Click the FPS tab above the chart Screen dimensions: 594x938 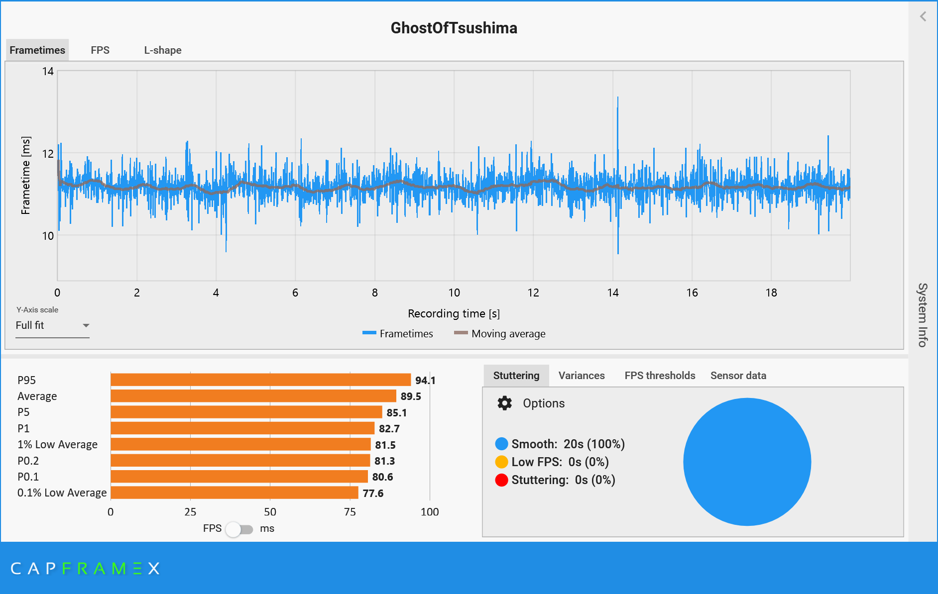(100, 50)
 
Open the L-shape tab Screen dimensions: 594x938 (163, 50)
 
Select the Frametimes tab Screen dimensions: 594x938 (37, 50)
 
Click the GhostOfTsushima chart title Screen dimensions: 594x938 (454, 28)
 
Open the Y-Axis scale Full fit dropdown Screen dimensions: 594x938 (52, 325)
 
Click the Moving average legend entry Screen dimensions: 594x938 (500, 333)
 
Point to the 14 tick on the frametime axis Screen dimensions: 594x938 (48, 71)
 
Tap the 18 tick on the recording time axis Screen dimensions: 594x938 (771, 293)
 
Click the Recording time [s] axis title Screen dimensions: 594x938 (454, 313)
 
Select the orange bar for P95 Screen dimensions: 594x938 (260, 380)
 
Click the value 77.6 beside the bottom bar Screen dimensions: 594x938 (373, 493)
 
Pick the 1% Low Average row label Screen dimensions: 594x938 (57, 444)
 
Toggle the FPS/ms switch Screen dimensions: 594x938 (239, 529)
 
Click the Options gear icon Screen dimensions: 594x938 (504, 403)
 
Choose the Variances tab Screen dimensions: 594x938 (582, 376)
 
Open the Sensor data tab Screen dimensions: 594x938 (738, 376)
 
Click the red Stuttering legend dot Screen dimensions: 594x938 (501, 480)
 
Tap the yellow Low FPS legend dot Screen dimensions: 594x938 (501, 462)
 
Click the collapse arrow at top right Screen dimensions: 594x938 (923, 16)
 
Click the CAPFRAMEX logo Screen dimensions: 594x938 (85, 568)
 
